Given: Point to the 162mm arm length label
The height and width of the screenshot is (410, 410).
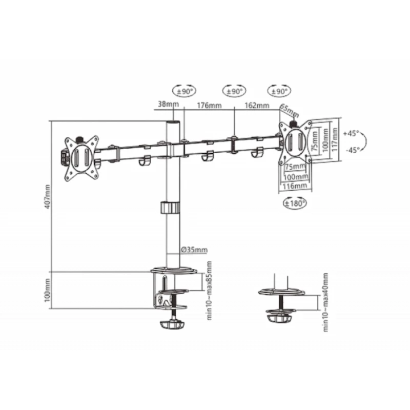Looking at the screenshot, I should click(x=257, y=106).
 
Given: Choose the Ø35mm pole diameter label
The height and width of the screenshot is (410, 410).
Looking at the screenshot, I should click(x=194, y=250).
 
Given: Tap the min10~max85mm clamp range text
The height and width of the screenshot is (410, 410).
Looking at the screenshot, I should click(x=209, y=290).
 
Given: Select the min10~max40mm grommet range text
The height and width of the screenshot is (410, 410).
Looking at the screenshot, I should click(x=325, y=302).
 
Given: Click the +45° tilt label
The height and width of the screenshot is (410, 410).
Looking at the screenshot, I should click(x=351, y=133).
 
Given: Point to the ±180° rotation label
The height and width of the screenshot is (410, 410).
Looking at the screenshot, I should click(x=295, y=203).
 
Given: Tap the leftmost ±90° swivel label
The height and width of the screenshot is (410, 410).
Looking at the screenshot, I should click(x=184, y=91).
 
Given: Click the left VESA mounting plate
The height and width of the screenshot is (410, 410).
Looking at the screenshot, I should click(x=81, y=157).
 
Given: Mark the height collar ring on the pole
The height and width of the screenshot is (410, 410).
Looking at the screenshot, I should click(x=170, y=208).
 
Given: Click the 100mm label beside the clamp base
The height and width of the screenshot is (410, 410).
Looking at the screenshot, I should click(x=48, y=290).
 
